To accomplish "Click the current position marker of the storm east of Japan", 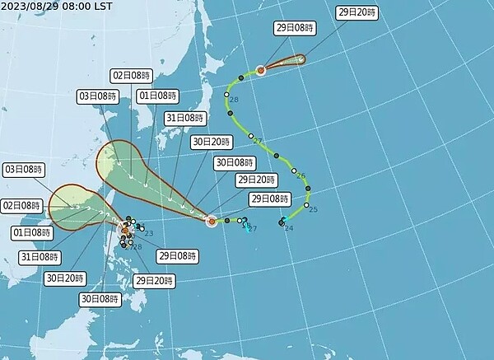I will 260,70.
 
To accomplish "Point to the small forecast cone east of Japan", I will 284,63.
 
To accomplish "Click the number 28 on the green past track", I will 234,100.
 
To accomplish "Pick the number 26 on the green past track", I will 301,176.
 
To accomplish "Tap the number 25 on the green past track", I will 313,210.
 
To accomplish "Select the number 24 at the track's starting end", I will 288,227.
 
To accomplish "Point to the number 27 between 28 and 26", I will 258,140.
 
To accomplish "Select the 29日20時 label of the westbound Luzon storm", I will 153,281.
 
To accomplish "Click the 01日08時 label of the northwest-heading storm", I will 156,96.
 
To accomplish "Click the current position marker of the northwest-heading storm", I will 212,221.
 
